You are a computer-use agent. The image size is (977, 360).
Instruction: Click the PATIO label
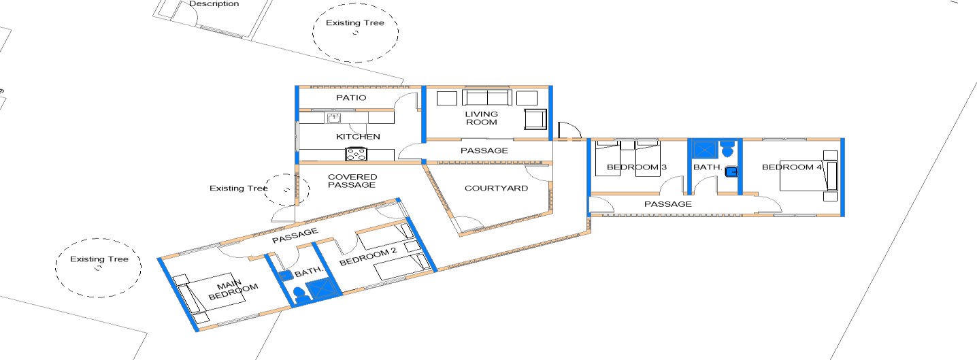351,98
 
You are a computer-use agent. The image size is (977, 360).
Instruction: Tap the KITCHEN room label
358,137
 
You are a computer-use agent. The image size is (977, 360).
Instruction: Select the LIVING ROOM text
481,118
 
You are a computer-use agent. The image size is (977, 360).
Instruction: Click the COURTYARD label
497,188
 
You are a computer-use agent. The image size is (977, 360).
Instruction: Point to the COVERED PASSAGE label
352,180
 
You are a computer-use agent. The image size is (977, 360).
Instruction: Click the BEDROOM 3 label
637,167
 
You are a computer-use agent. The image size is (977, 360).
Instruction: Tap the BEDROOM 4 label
792,167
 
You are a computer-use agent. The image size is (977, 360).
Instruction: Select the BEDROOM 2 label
369,257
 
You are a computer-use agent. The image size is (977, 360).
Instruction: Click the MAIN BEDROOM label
233,290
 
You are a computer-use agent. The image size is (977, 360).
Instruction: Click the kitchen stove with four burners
357,154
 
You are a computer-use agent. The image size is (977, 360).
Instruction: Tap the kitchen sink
334,118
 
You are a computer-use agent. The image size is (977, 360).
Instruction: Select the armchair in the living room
535,119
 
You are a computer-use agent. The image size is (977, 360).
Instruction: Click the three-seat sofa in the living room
487,97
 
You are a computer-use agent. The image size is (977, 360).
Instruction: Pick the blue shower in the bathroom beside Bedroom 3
703,149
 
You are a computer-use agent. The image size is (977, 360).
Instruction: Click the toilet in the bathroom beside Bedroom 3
727,149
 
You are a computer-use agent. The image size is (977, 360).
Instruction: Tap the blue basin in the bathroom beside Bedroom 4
731,172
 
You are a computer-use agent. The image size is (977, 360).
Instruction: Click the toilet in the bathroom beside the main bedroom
301,295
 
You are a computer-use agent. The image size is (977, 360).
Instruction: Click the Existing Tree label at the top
355,22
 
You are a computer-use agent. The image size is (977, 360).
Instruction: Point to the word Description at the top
214,3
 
